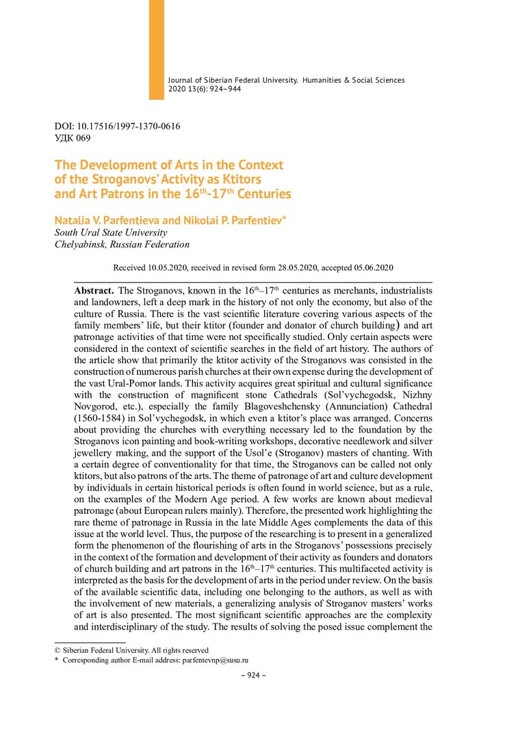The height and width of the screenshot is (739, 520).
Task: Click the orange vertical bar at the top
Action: [x=156, y=48]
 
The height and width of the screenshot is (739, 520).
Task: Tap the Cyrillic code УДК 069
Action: [x=72, y=138]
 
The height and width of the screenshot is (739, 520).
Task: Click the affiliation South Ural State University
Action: [x=110, y=233]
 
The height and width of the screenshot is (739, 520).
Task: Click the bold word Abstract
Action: [x=94, y=291]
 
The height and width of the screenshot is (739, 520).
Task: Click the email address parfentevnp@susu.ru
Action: [x=213, y=661]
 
